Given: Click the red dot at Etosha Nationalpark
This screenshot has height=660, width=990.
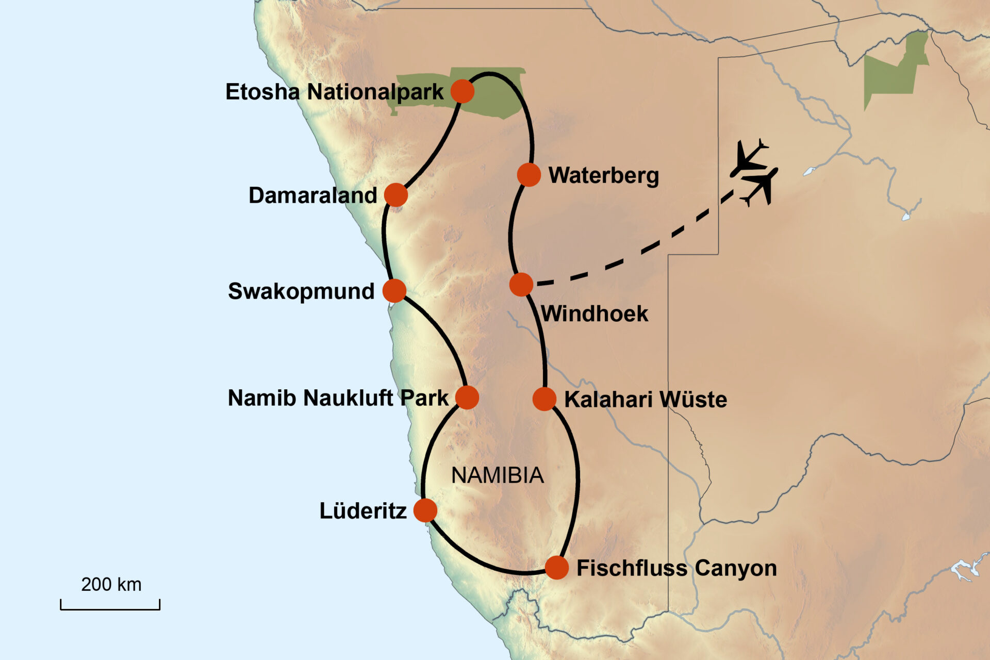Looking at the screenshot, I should coord(462,91).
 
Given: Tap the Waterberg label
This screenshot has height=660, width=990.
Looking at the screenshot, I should coord(603,175).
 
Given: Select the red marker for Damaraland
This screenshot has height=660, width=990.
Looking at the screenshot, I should coord(396,195).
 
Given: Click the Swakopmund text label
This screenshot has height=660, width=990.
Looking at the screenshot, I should coord(301,291).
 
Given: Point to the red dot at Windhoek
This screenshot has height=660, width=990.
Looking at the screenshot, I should coord(521,284).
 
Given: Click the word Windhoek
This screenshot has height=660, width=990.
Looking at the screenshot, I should coord(595,313).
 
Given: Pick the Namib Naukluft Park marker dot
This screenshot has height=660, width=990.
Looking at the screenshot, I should coord(467,398).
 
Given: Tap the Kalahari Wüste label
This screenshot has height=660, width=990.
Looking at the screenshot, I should coord(646,400).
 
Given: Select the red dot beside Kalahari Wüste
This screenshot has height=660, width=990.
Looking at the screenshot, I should coord(544,399).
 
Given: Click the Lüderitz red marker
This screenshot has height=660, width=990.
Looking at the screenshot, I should coord(425,510).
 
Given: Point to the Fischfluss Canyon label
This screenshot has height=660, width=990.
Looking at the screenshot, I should coord(676,568).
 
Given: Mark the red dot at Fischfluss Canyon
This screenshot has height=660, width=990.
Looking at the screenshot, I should coord(557,568).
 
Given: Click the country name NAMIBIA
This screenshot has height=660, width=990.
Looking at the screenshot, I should coord(498,475).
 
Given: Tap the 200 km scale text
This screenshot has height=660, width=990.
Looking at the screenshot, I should coord(111,585).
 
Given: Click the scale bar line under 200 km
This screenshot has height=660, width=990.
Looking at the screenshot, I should coord(110,609).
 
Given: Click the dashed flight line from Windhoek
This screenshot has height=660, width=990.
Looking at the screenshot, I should coord(645,250).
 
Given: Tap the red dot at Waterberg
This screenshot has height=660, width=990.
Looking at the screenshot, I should coord(529,175).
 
